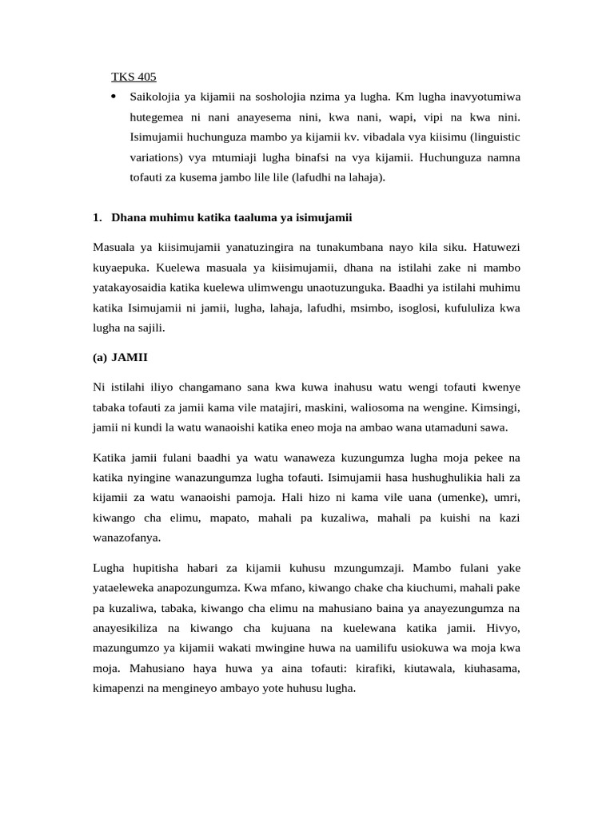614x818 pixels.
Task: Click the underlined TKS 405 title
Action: point(134,77)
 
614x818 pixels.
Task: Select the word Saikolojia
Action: point(157,97)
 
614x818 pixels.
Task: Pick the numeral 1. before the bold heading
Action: point(98,217)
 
